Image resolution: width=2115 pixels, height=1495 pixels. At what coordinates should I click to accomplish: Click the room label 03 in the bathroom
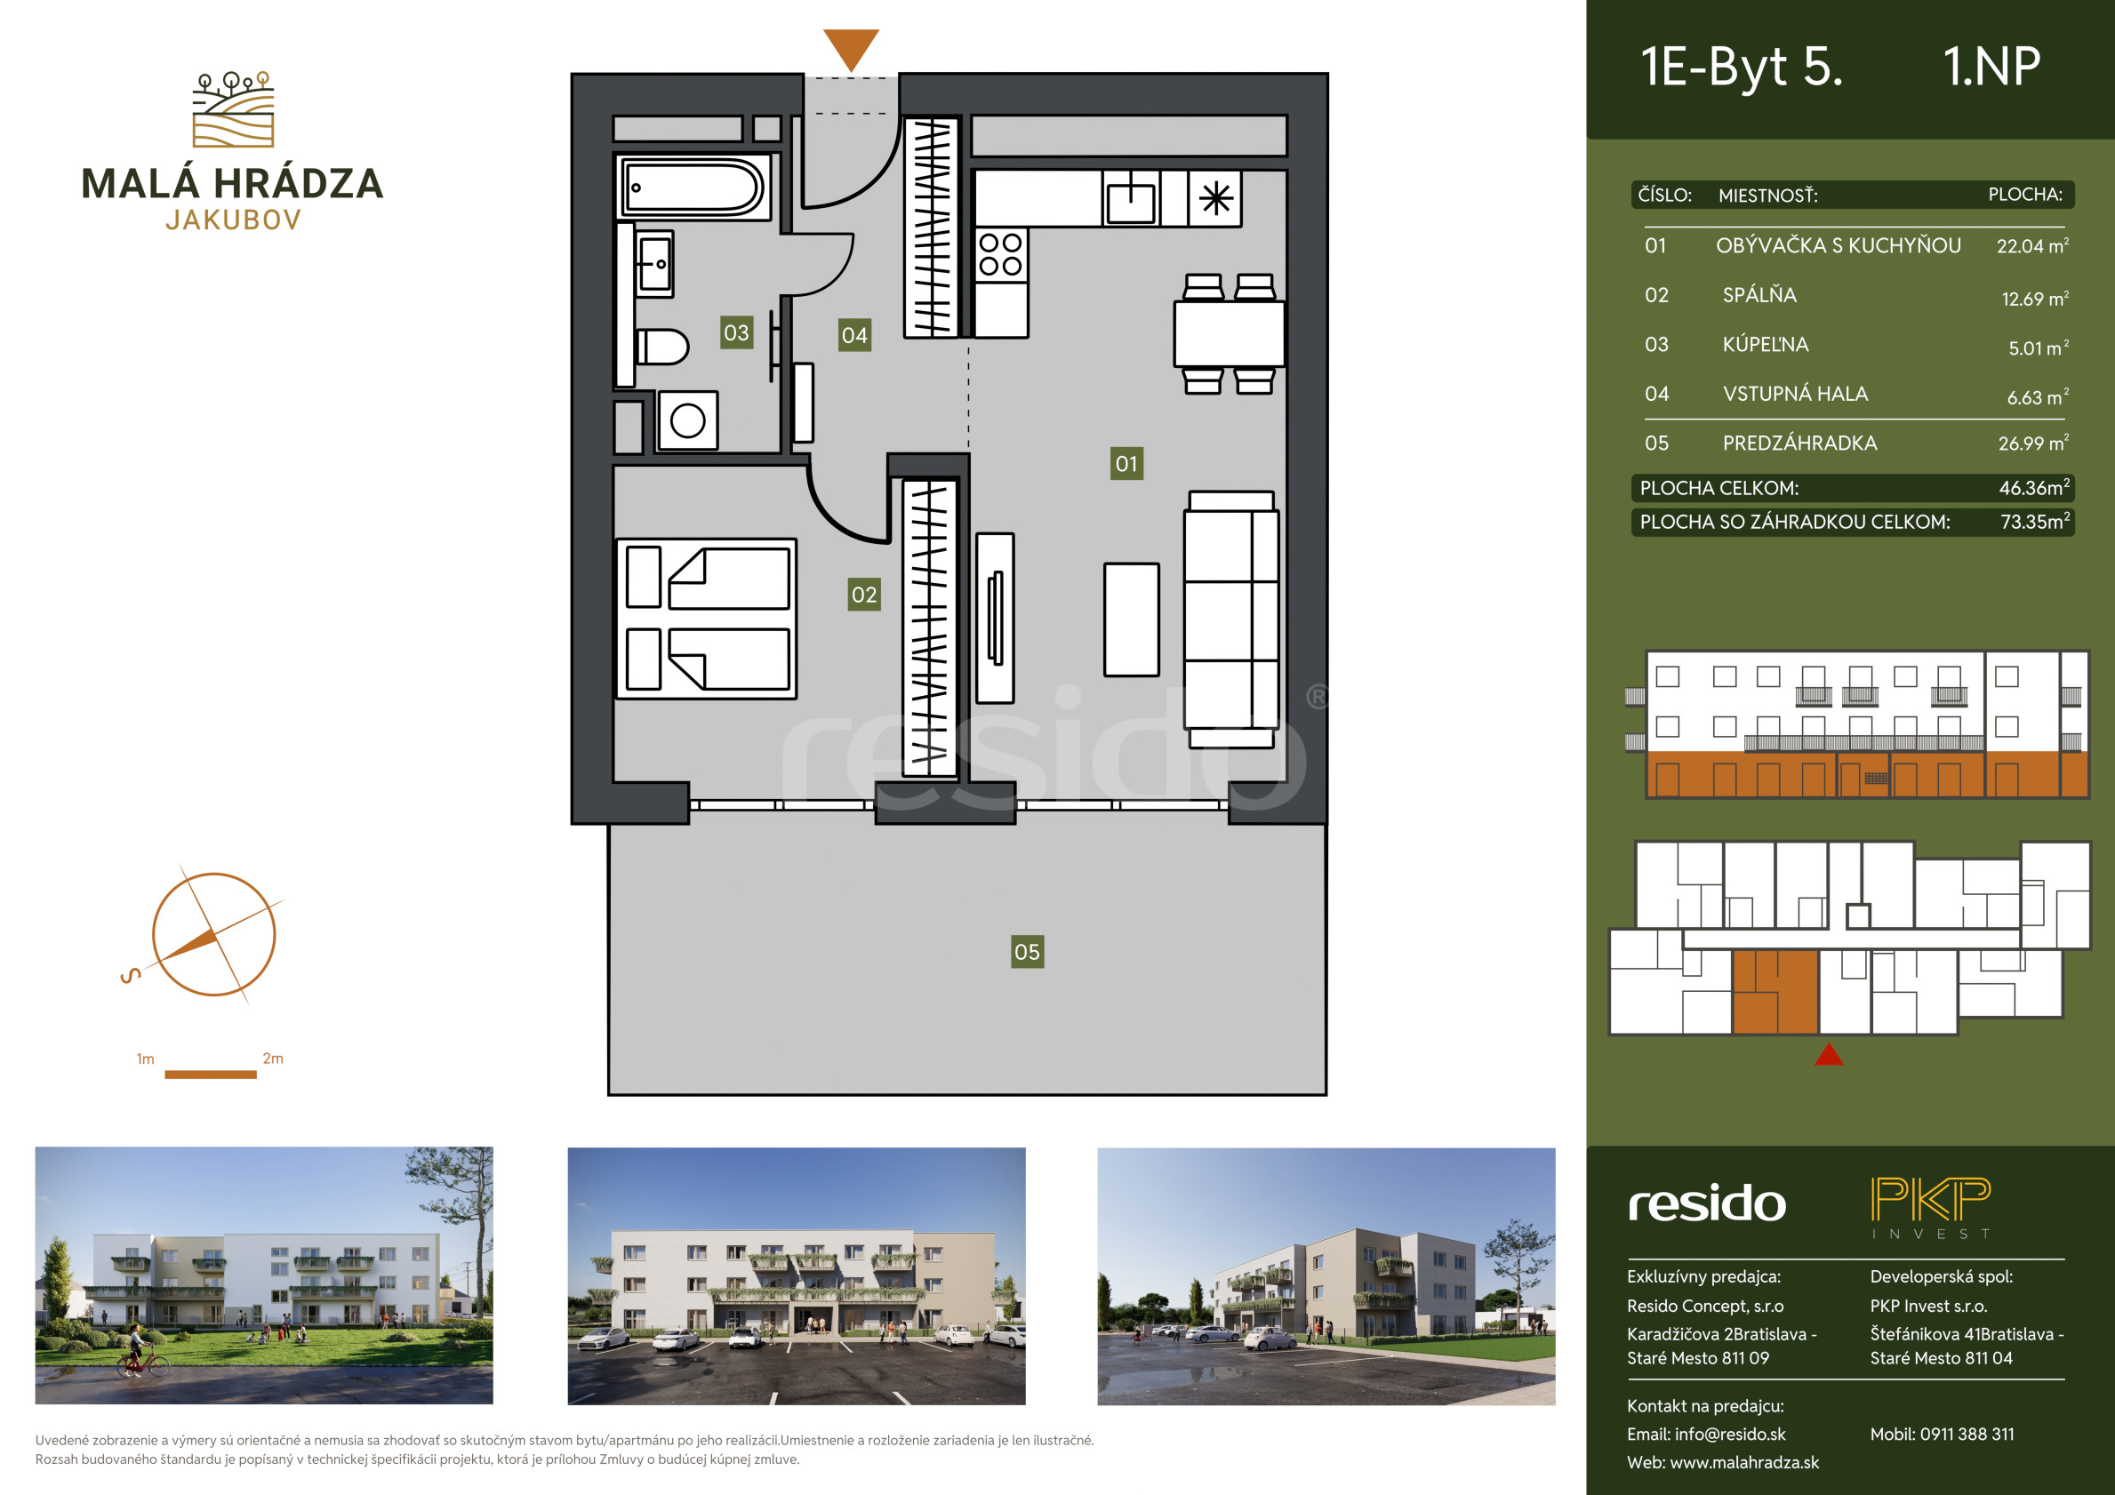[736, 332]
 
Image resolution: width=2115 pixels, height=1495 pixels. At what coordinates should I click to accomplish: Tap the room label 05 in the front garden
[1027, 952]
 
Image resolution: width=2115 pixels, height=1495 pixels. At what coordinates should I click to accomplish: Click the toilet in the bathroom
[661, 348]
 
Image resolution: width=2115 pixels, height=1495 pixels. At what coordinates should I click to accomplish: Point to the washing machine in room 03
[687, 421]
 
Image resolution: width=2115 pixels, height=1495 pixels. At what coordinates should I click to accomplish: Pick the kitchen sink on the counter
[1130, 199]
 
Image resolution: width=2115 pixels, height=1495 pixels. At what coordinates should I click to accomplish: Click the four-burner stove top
[1000, 254]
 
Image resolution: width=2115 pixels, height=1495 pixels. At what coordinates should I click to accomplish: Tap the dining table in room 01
[1229, 334]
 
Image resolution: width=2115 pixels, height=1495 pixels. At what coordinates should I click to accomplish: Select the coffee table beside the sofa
[1131, 620]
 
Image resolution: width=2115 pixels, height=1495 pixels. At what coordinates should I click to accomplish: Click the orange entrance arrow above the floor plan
[850, 49]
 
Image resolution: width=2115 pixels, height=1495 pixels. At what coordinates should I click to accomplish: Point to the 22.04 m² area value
[2032, 246]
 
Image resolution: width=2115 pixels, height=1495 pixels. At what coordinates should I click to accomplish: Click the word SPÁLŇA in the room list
[1759, 295]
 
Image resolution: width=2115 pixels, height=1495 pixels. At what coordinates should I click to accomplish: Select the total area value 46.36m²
[2034, 488]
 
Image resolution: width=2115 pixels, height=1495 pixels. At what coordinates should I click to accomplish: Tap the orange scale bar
[210, 1074]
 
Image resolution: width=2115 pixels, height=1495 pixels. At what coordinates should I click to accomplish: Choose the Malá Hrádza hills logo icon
[233, 109]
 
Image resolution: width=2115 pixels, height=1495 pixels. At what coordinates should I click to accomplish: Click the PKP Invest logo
[1931, 1208]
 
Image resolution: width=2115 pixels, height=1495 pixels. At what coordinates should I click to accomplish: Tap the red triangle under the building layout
[1829, 1056]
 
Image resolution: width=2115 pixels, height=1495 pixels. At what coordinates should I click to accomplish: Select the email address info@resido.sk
[1730, 1435]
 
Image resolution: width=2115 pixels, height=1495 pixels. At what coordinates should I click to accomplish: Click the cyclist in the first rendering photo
[142, 1351]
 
